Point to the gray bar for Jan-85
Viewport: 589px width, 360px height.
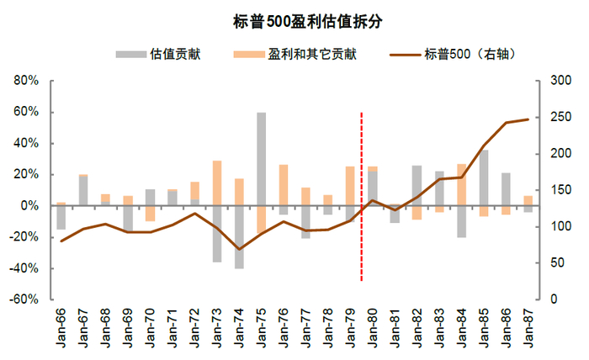(484, 177)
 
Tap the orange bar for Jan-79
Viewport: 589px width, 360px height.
(350, 186)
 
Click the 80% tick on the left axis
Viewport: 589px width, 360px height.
(26, 81)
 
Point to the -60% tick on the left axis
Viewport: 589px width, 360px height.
(24, 299)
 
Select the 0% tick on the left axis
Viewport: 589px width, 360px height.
(29, 206)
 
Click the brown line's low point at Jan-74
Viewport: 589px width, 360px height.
(239, 249)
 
